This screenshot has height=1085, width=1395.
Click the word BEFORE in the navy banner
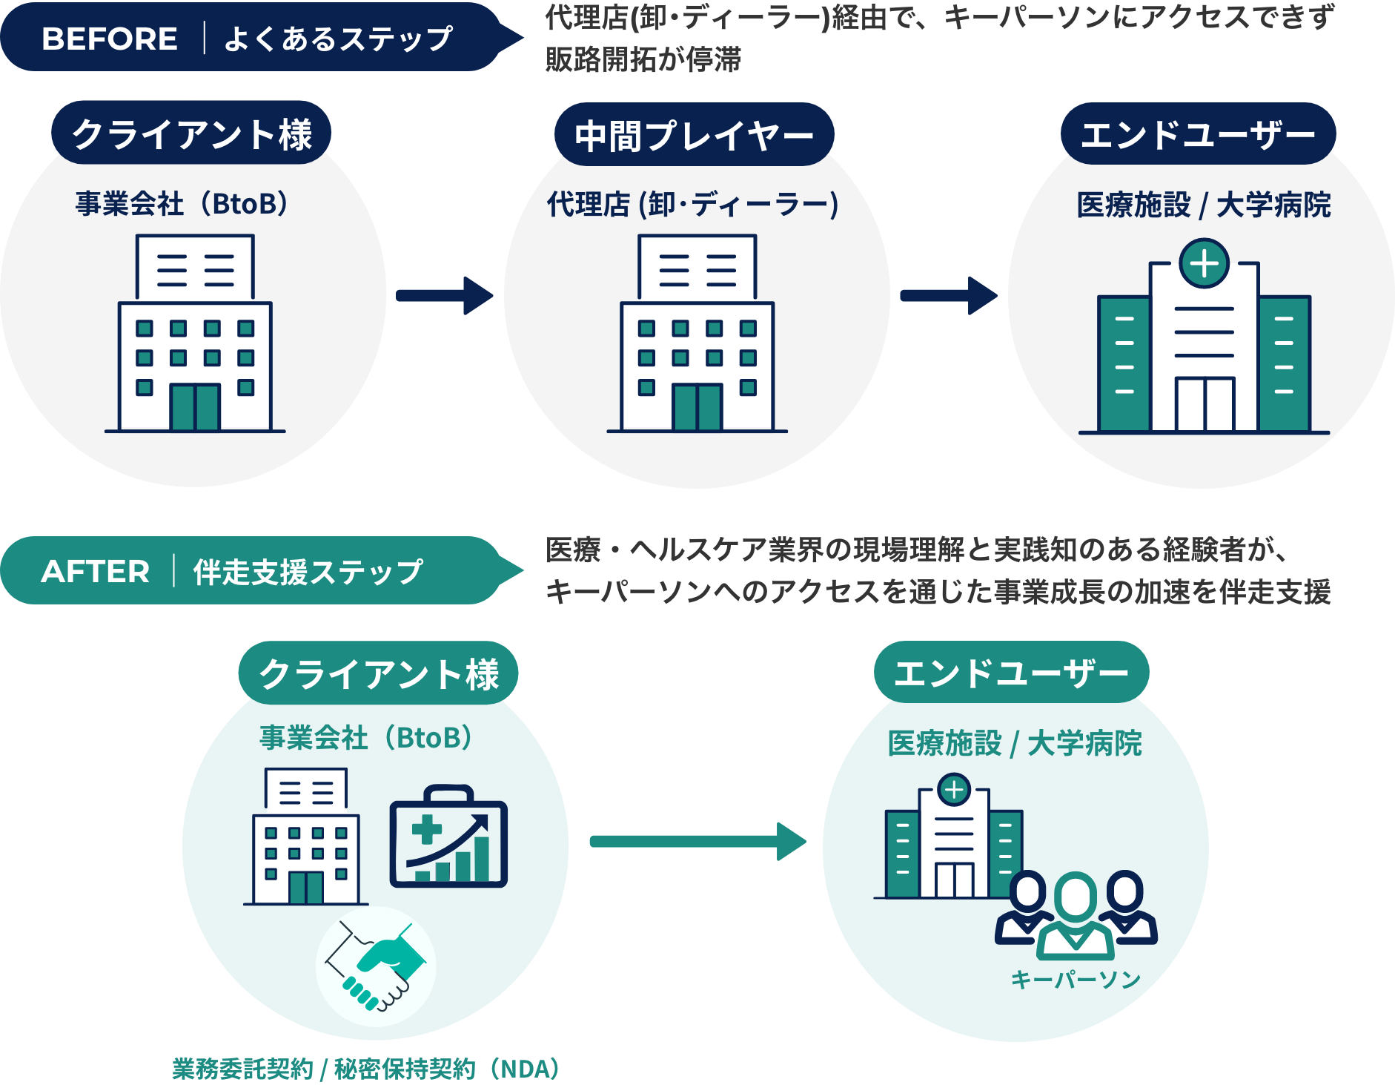(x=110, y=39)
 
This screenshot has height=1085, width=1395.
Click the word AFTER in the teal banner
(x=96, y=571)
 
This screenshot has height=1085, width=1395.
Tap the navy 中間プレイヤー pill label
(x=694, y=135)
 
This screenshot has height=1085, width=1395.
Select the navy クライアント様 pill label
(x=191, y=134)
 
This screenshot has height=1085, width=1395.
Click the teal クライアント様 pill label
(x=378, y=673)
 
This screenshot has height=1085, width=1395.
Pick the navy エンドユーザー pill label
(x=1198, y=134)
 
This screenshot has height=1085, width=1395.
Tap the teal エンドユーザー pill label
(x=1011, y=673)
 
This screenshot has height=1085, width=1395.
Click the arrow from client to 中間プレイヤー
(x=443, y=296)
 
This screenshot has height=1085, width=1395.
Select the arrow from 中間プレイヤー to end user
(x=947, y=296)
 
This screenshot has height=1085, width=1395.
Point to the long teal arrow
(x=697, y=841)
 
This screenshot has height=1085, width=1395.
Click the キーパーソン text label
(x=1076, y=980)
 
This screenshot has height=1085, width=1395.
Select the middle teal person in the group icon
(x=1076, y=916)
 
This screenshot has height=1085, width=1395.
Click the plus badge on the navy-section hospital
(x=1204, y=263)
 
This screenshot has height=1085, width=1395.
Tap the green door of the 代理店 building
(x=697, y=406)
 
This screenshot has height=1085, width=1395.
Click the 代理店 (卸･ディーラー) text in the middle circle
(x=692, y=204)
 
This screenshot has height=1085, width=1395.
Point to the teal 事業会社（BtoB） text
(x=365, y=737)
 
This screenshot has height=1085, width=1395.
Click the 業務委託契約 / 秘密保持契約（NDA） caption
(x=365, y=1069)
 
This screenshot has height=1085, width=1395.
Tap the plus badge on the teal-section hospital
(x=954, y=790)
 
